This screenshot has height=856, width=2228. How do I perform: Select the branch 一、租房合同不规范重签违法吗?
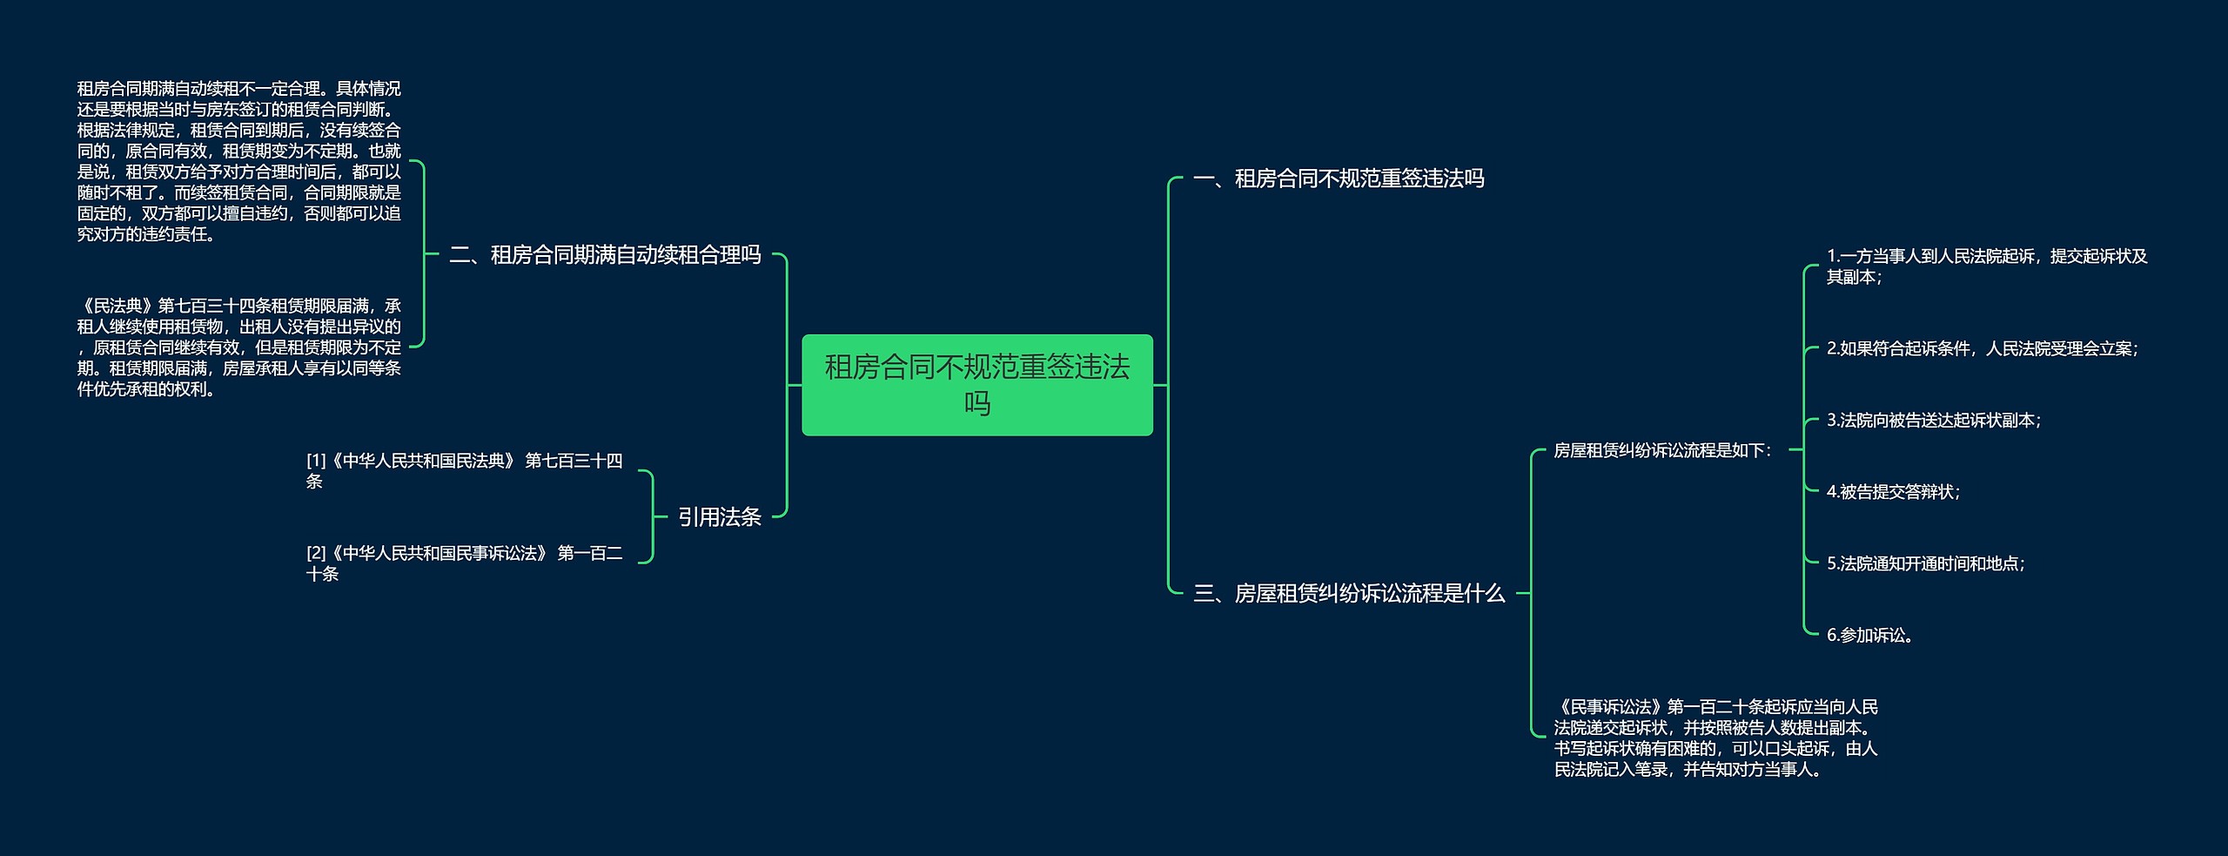click(1338, 179)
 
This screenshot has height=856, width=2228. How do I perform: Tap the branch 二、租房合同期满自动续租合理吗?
click(605, 254)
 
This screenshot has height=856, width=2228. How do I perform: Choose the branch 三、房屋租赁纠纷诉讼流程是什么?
click(1348, 593)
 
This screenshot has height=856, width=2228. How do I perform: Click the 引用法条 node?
click(719, 516)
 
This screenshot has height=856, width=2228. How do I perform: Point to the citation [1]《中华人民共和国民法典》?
click(464, 470)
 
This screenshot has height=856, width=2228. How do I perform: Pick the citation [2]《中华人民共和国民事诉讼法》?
click(464, 563)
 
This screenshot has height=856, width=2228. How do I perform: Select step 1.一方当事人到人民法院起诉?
click(1986, 266)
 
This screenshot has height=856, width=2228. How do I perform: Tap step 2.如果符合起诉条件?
click(1982, 348)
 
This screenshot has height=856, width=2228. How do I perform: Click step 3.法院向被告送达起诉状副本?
click(1933, 420)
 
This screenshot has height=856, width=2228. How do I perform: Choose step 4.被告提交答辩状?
click(1893, 492)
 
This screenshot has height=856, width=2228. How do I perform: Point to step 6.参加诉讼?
click(1870, 635)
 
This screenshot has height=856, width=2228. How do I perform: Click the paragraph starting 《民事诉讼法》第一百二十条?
click(1715, 738)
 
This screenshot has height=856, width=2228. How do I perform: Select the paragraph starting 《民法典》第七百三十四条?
click(238, 347)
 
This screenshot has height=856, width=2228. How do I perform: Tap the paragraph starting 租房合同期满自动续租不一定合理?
click(238, 161)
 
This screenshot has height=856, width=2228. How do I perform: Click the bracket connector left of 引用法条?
click(652, 516)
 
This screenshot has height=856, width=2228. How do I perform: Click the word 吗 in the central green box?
click(976, 404)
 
